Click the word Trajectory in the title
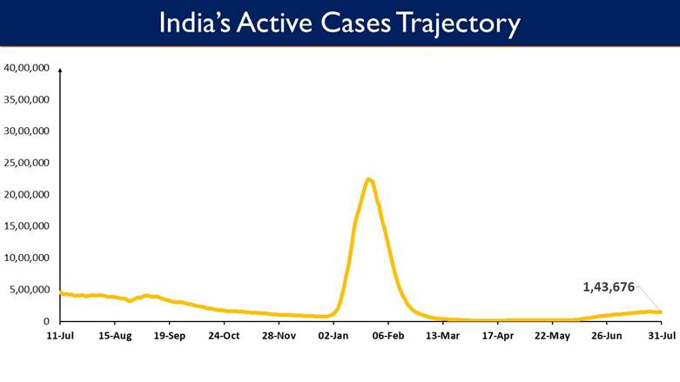(458, 23)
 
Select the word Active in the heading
(274, 22)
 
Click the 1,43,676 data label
(609, 287)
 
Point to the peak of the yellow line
(368, 179)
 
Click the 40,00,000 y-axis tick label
(26, 68)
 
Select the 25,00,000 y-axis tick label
(26, 163)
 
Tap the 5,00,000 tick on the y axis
(30, 290)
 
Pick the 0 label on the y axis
(46, 321)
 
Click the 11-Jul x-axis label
(60, 336)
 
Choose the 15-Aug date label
(115, 336)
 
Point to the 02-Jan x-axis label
(333, 336)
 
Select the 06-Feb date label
(388, 336)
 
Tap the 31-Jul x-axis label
(662, 336)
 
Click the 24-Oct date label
(224, 336)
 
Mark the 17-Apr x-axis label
(497, 336)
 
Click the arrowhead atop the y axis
(60, 70)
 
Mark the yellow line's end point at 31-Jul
(661, 312)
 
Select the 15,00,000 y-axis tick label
(26, 226)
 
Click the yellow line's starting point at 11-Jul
(61, 293)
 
